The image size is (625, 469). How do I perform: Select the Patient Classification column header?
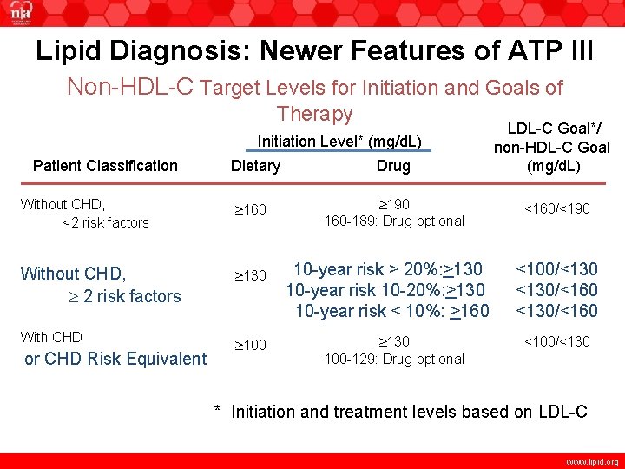click(104, 166)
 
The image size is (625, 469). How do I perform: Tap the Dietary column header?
click(255, 166)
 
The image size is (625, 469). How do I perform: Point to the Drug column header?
click(393, 166)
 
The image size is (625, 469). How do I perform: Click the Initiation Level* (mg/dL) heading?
click(339, 142)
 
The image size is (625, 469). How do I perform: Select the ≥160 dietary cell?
click(251, 210)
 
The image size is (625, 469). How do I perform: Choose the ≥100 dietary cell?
click(251, 347)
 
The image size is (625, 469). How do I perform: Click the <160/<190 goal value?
click(556, 208)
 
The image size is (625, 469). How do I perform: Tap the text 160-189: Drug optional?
click(393, 221)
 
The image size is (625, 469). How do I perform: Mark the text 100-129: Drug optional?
click(393, 359)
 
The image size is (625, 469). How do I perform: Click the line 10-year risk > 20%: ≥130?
click(387, 268)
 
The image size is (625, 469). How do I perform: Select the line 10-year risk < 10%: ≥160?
click(391, 311)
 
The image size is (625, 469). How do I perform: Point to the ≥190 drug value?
click(393, 204)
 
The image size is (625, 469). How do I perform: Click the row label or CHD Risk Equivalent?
click(115, 359)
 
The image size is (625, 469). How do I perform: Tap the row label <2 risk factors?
click(105, 223)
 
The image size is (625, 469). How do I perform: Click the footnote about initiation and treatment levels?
click(401, 412)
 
